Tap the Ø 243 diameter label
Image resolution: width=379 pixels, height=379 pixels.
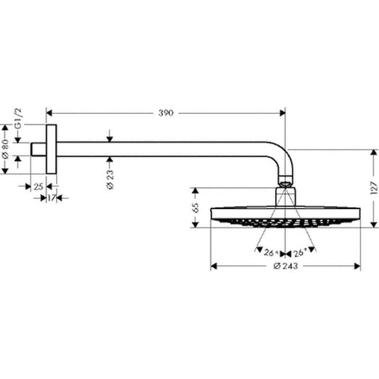point(284,267)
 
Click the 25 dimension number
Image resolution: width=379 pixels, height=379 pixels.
point(38,186)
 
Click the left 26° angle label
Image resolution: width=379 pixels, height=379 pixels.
point(269,253)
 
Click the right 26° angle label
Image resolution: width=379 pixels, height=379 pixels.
point(299,253)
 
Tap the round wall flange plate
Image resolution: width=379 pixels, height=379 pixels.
point(52,149)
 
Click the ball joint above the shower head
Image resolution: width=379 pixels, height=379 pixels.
point(284,187)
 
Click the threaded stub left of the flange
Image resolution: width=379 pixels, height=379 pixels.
point(40,149)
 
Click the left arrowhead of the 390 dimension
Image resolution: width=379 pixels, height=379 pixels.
point(48,112)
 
